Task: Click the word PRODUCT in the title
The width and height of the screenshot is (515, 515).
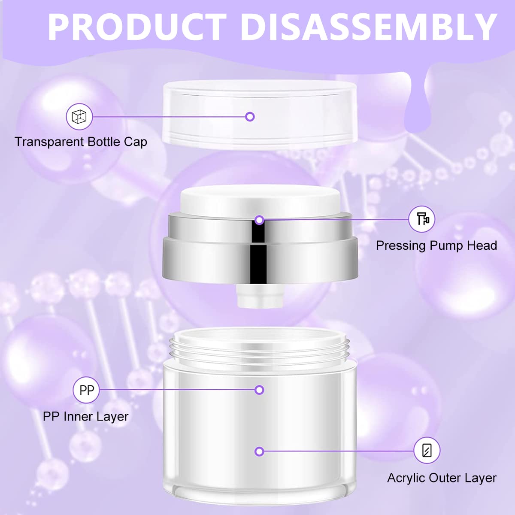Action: [x=137, y=27]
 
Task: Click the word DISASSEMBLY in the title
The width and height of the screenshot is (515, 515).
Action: [x=369, y=27]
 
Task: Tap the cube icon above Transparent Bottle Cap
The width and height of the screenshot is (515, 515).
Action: [x=79, y=117]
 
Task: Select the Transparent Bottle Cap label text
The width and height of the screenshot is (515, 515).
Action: [x=81, y=142]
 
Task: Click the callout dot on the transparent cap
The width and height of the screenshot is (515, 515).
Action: [x=250, y=117]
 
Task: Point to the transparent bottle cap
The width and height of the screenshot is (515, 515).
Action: [x=260, y=115]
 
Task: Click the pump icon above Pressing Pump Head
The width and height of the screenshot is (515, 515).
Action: [x=422, y=219]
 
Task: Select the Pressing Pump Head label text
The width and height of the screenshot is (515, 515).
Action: [x=436, y=245]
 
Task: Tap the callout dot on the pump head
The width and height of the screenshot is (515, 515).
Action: [x=259, y=220]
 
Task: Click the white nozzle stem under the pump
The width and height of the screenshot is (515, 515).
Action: [x=260, y=296]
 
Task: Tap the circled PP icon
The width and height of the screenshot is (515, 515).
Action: [x=86, y=390]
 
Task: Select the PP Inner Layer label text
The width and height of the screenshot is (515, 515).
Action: [x=85, y=416]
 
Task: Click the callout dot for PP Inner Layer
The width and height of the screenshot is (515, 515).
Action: [x=259, y=390]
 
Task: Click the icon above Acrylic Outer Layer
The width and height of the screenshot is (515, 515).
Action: [x=427, y=450]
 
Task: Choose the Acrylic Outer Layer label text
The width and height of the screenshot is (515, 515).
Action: [x=442, y=478]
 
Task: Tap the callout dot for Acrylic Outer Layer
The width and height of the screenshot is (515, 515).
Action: [x=259, y=451]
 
